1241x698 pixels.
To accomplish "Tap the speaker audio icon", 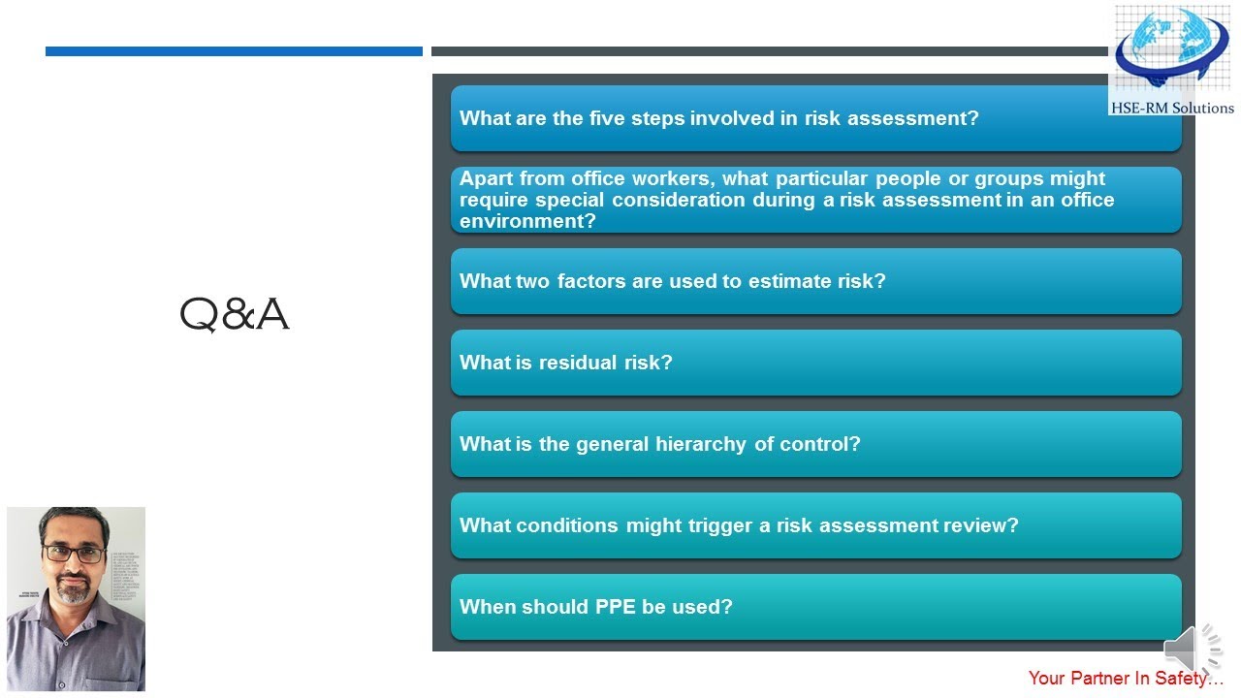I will pyautogui.click(x=1192, y=649).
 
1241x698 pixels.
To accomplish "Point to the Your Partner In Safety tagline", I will pyautogui.click(x=1126, y=679).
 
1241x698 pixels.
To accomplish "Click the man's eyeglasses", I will pyautogui.click(x=74, y=554).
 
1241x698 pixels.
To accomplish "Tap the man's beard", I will pyautogui.click(x=73, y=588).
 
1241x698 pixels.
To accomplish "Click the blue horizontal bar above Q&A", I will pyautogui.click(x=234, y=51).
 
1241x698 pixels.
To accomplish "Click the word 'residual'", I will pyautogui.click(x=578, y=363).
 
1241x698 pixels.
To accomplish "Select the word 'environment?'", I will pyautogui.click(x=527, y=221).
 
